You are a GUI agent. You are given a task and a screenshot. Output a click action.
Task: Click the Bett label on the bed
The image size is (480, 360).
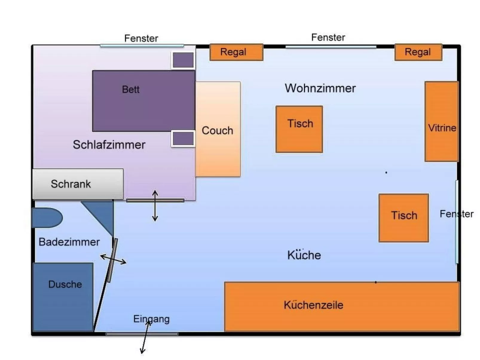(x=131, y=89)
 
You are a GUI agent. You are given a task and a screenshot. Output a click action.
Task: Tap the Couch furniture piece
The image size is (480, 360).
(x=218, y=129)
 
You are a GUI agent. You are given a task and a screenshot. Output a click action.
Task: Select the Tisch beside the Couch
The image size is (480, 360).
(x=299, y=129)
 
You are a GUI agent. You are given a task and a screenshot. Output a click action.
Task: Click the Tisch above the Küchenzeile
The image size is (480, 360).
(x=403, y=217)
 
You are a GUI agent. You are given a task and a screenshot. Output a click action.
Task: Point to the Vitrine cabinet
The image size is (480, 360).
(x=441, y=121)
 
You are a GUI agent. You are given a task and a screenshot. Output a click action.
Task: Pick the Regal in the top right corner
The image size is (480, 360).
(x=418, y=52)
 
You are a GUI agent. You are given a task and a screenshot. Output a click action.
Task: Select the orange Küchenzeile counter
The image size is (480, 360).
(x=342, y=306)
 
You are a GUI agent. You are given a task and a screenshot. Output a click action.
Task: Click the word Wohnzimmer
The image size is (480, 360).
(x=320, y=88)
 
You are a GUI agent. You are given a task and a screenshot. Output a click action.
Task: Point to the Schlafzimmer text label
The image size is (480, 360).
(x=109, y=145)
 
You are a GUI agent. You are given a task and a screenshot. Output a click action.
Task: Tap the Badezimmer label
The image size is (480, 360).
(x=69, y=242)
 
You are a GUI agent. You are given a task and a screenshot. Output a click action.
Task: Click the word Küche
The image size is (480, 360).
(x=304, y=255)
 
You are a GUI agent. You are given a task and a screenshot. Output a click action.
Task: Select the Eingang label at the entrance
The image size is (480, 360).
(x=151, y=319)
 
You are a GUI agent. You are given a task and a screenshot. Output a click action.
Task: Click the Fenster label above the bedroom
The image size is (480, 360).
(x=141, y=38)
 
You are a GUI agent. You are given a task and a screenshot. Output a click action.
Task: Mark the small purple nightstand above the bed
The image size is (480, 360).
(x=183, y=60)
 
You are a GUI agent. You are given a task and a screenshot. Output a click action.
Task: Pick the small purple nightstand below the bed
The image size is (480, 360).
(x=183, y=139)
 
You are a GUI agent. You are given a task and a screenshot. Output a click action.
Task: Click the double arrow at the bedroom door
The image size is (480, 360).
(x=155, y=206)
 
